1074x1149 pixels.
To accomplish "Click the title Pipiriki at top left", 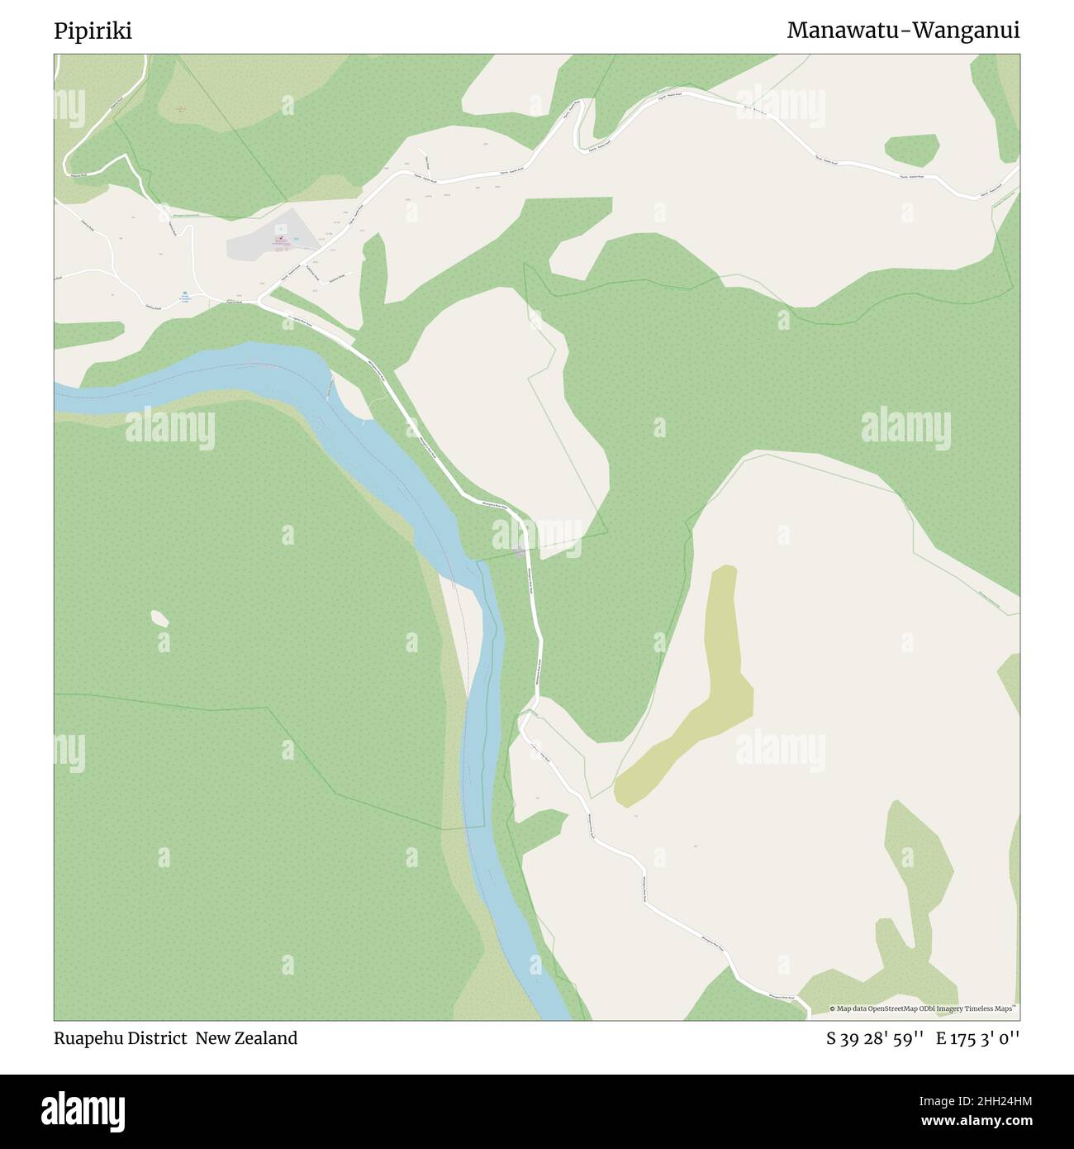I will click(x=93, y=31).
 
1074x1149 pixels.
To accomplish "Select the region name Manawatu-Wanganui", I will click(x=903, y=31).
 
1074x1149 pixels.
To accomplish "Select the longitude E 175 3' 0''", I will click(x=977, y=1039).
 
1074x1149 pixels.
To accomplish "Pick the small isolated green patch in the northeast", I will click(x=912, y=150).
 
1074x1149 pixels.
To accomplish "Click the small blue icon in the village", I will click(x=185, y=294).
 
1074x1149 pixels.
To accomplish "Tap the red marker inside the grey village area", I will click(x=276, y=240).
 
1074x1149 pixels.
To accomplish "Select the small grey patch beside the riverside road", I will click(x=520, y=551).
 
